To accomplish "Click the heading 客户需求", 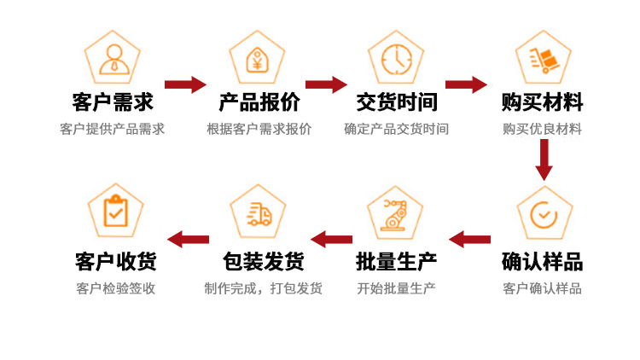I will [x=113, y=102].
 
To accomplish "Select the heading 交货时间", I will [x=397, y=102].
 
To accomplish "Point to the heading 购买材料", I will [x=543, y=102].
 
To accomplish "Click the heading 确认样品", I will [x=543, y=261].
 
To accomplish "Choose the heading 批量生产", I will [x=397, y=261].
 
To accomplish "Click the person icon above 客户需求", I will [x=113, y=57].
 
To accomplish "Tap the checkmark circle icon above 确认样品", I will [x=544, y=213].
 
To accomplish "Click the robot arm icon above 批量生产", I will [x=396, y=213].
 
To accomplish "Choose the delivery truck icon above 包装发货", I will [x=259, y=213].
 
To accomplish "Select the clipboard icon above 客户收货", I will [x=115, y=212].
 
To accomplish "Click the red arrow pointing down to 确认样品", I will [x=544, y=159].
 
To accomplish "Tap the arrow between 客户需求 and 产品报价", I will [x=185, y=84].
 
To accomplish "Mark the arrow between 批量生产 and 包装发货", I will [x=331, y=239].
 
